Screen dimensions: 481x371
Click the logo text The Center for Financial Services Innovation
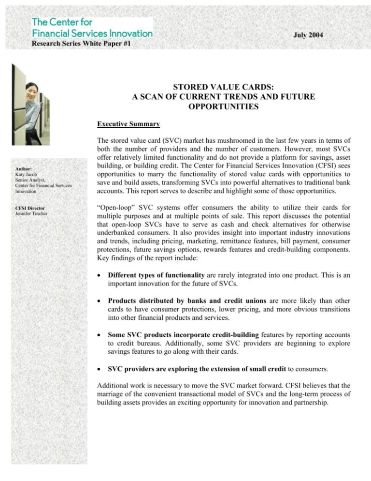(x=92, y=28)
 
